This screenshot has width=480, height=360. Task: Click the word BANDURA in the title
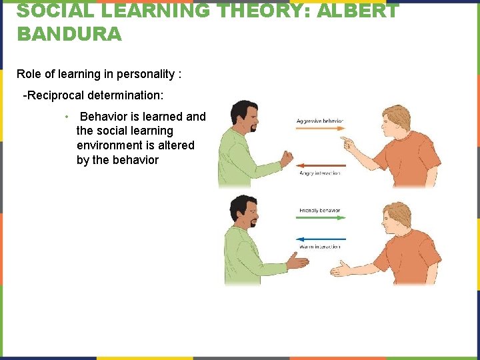tap(69, 33)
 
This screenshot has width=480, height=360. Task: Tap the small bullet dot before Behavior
tap(67, 117)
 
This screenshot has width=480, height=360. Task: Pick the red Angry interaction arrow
tap(320, 165)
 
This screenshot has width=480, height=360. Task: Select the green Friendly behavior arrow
tap(320, 219)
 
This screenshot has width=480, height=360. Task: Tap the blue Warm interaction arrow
tap(320, 239)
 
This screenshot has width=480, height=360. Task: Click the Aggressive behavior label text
tap(320, 121)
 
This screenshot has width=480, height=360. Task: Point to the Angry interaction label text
tap(320, 173)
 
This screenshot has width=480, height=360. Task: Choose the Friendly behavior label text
tap(320, 211)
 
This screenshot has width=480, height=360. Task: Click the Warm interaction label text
tap(320, 247)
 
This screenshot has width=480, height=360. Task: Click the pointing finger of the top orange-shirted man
tap(345, 141)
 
